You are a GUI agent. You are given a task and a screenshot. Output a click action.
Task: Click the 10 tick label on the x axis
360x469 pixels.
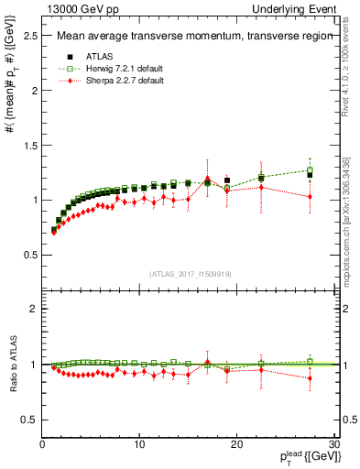point(139,444)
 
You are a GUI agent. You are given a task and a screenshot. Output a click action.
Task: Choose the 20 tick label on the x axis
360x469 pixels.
point(237,444)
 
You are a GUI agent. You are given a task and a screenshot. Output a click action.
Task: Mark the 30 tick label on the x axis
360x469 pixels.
point(334,444)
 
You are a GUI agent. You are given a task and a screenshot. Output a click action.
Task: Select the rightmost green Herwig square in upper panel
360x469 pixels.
point(310,169)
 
